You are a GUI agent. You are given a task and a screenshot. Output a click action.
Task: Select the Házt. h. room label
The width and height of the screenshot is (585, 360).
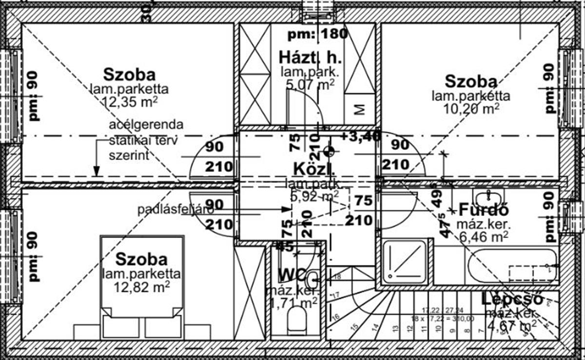click(310, 58)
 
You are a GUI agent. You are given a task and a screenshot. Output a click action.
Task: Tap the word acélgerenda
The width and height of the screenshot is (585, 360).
click(146, 124)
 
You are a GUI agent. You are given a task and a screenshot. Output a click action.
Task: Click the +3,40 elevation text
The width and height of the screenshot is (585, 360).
click(360, 137)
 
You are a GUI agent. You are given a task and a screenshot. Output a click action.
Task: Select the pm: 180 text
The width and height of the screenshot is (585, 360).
click(317, 34)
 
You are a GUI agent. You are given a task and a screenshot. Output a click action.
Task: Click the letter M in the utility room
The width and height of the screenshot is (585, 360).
click(360, 110)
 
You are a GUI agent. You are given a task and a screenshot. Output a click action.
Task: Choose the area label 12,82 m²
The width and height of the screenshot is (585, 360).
click(142, 285)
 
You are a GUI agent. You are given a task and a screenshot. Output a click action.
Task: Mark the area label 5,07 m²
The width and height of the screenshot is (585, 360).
click(310, 85)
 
